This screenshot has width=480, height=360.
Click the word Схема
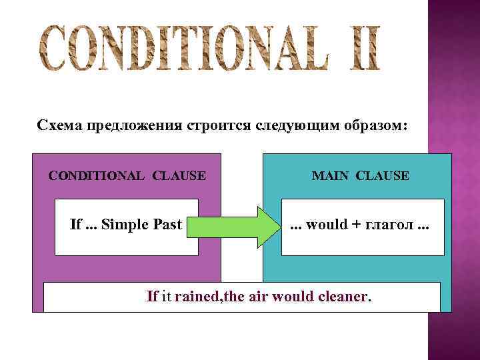pos(56,125)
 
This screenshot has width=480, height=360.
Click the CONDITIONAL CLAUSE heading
pos(127,176)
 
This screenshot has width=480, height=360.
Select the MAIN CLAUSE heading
pos(361,176)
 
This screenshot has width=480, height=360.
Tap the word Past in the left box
pos(167,225)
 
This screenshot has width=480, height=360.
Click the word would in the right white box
pos(327,225)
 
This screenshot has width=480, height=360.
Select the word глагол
pos(389,225)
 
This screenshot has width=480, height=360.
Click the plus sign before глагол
pos(357,225)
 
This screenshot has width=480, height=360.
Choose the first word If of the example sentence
pos(153,296)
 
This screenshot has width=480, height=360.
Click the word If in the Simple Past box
pos(75,225)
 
